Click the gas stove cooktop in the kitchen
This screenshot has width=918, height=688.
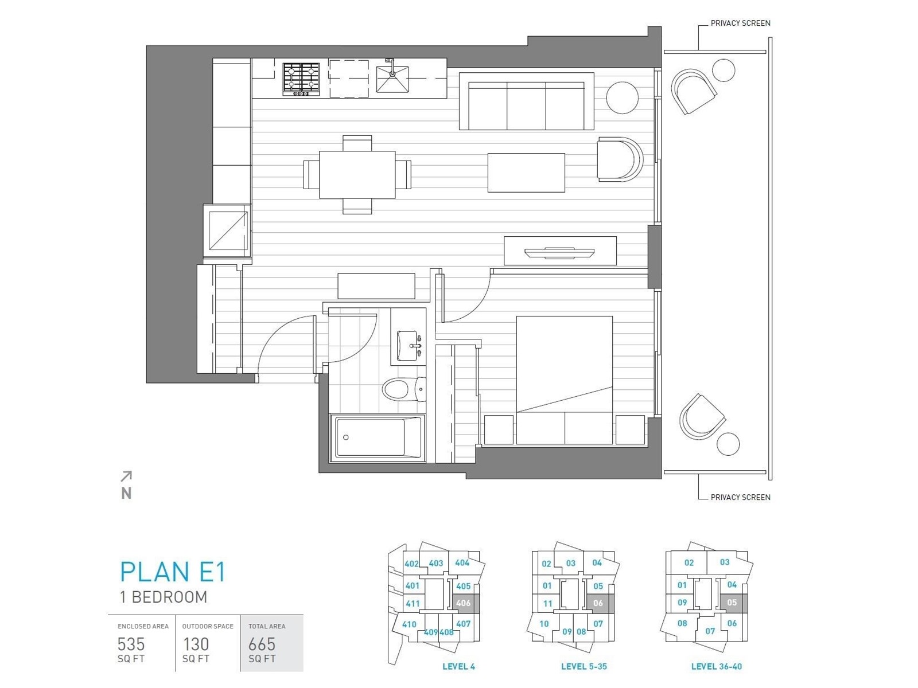pyautogui.click(x=301, y=79)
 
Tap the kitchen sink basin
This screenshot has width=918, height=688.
pyautogui.click(x=392, y=79)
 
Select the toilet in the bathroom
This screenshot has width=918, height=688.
pyautogui.click(x=404, y=389)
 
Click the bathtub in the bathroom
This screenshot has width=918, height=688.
pyautogui.click(x=377, y=438)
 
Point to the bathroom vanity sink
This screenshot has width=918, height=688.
pyautogui.click(x=409, y=346)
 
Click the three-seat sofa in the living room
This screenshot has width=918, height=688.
pyautogui.click(x=527, y=101)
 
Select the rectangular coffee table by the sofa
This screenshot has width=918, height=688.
pyautogui.click(x=526, y=173)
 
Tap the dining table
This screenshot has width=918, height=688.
pyautogui.click(x=357, y=175)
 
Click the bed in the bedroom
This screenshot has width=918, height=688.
pyautogui.click(x=565, y=380)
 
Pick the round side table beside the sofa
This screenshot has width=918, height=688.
pyautogui.click(x=622, y=97)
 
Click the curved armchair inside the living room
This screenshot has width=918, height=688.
pyautogui.click(x=620, y=159)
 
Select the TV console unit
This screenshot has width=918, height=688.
pyautogui.click(x=560, y=251)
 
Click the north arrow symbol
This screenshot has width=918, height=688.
pyautogui.click(x=126, y=476)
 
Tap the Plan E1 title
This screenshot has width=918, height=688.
pyautogui.click(x=173, y=572)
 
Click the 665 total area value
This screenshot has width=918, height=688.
pyautogui.click(x=262, y=644)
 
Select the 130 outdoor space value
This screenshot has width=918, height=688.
pyautogui.click(x=196, y=644)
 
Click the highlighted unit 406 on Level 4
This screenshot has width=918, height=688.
pyautogui.click(x=464, y=603)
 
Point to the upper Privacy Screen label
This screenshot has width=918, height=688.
pyautogui.click(x=740, y=24)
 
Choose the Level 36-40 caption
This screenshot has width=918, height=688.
pyautogui.click(x=717, y=667)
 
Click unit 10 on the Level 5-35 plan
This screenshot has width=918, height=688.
pyautogui.click(x=544, y=624)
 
